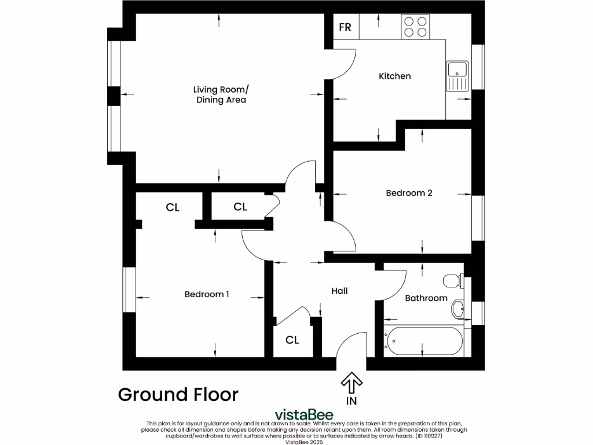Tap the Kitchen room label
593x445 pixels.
pyautogui.click(x=394, y=76)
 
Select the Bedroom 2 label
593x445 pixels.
pyautogui.click(x=409, y=193)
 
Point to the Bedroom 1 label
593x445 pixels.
pyautogui.click(x=207, y=294)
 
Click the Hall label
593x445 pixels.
pyautogui.click(x=339, y=291)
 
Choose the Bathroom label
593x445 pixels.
pyautogui.click(x=426, y=298)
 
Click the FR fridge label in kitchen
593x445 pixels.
pyautogui.click(x=345, y=27)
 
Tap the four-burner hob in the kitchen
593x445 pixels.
pyautogui.click(x=416, y=27)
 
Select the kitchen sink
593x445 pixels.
pyautogui.click(x=457, y=76)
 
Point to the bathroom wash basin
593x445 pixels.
pyautogui.click(x=457, y=309)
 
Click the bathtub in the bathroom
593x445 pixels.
pyautogui.click(x=423, y=341)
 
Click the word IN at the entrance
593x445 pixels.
pyautogui.click(x=351, y=400)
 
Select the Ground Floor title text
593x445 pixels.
pyautogui.click(x=178, y=395)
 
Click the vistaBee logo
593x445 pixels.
pyautogui.click(x=304, y=415)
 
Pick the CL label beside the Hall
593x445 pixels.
pyautogui.click(x=292, y=340)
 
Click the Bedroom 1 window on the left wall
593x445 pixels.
pyautogui.click(x=129, y=290)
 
